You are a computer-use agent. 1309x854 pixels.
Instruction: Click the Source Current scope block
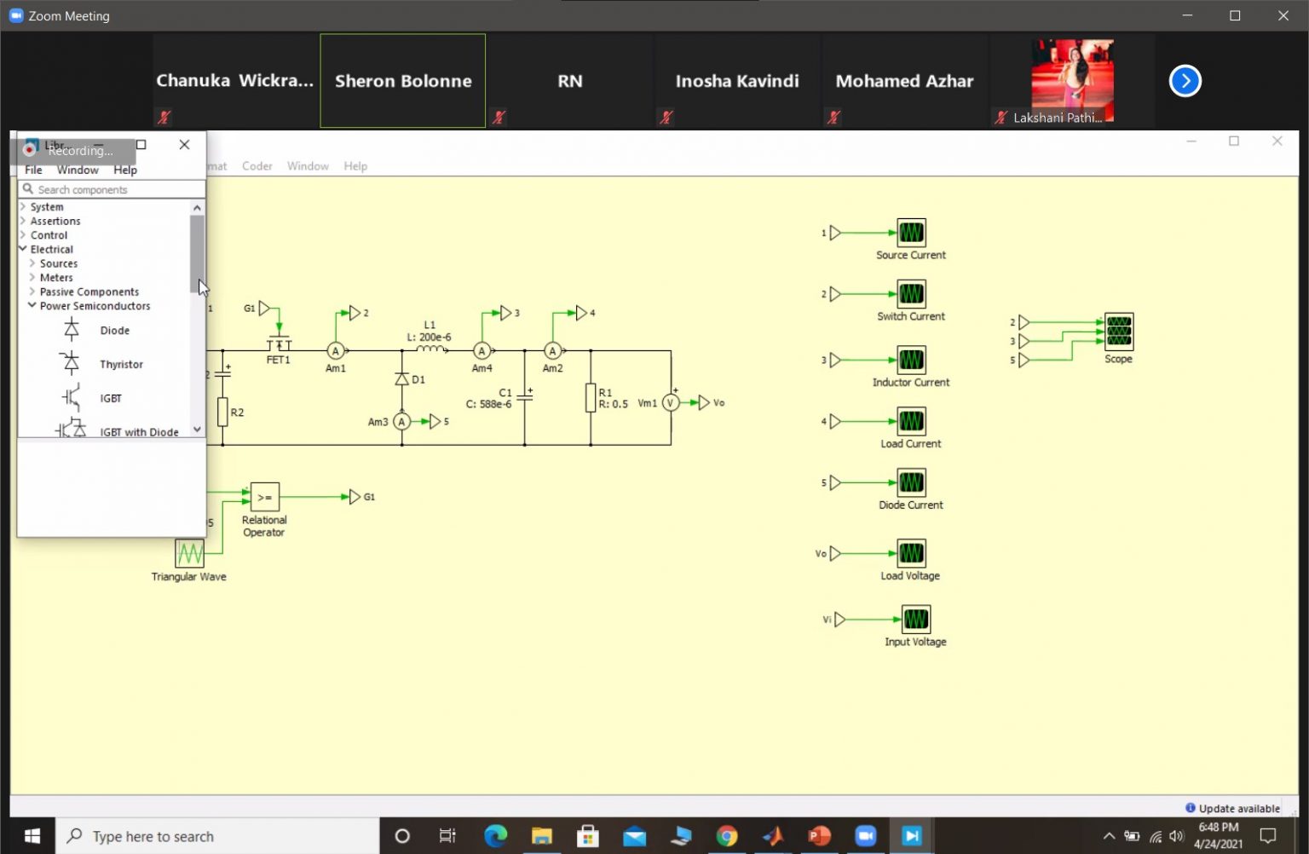pyautogui.click(x=911, y=232)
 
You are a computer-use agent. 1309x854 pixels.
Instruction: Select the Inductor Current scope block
pyautogui.click(x=911, y=360)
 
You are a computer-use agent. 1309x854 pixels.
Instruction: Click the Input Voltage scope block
pyautogui.click(x=916, y=619)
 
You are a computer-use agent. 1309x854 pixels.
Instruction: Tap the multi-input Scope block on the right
pyautogui.click(x=1118, y=332)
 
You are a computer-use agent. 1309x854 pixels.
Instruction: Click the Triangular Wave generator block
pyautogui.click(x=189, y=553)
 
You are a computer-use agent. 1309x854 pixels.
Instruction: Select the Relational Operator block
pyautogui.click(x=265, y=497)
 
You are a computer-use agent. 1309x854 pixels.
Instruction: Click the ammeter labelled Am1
pyautogui.click(x=335, y=351)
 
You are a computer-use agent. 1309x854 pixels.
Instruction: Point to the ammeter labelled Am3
pyautogui.click(x=401, y=421)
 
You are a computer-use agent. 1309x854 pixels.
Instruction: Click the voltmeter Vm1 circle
pyautogui.click(x=671, y=403)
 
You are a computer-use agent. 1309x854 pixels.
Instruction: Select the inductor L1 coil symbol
pyautogui.click(x=430, y=349)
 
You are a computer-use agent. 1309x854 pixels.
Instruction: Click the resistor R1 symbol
pyautogui.click(x=591, y=398)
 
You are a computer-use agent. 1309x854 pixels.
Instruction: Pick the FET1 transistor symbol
pyautogui.click(x=279, y=344)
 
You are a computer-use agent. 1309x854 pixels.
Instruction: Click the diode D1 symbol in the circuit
pyautogui.click(x=402, y=379)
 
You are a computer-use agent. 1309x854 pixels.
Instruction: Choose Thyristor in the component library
pyautogui.click(x=121, y=364)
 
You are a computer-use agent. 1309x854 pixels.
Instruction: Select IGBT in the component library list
pyautogui.click(x=110, y=398)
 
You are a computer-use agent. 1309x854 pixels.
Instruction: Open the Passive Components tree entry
pyautogui.click(x=89, y=291)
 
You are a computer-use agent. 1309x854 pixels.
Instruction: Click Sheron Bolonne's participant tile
pyautogui.click(x=402, y=81)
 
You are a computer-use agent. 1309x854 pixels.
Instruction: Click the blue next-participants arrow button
pyautogui.click(x=1185, y=81)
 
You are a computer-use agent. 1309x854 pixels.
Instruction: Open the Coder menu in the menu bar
pyautogui.click(x=257, y=166)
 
